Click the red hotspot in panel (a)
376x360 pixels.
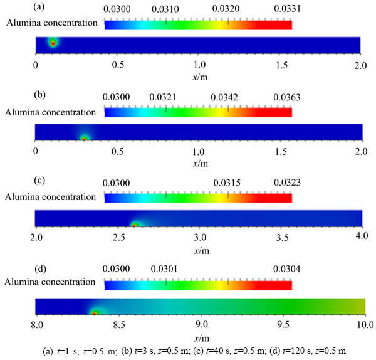[53, 43]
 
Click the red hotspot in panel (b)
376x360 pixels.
[84, 139]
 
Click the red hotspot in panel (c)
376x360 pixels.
[133, 225]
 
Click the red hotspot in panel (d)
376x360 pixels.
[95, 312]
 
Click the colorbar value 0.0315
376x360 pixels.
[227, 183]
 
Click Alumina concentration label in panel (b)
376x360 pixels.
[52, 110]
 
